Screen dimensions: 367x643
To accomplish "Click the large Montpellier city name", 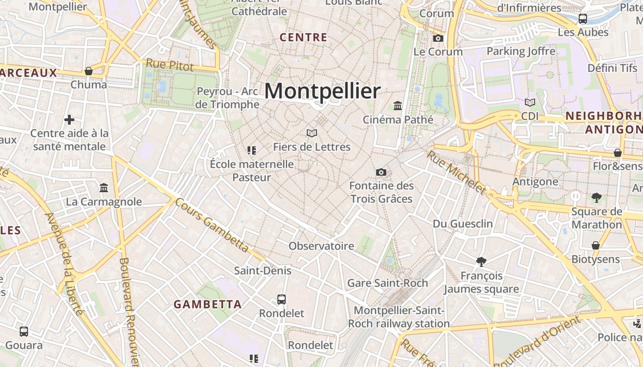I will [x=322, y=91].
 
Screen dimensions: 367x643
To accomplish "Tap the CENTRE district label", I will [x=304, y=38].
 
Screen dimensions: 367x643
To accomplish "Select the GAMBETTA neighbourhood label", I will [x=208, y=304].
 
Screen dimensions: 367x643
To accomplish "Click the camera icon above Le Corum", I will [x=438, y=38].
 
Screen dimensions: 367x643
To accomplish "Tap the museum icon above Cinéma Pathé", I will [x=398, y=106].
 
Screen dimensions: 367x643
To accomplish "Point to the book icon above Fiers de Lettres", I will [x=312, y=133].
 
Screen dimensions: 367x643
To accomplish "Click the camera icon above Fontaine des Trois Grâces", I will [x=381, y=172].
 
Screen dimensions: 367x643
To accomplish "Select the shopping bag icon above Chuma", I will [x=89, y=71].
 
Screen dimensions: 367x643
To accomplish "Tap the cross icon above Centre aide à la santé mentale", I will [x=69, y=120].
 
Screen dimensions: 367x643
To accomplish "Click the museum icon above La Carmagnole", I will [x=104, y=188].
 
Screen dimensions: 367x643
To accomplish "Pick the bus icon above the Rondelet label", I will [x=282, y=300].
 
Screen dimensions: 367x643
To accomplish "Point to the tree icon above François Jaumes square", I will [x=481, y=262].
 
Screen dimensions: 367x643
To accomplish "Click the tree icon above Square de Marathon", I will [x=597, y=198].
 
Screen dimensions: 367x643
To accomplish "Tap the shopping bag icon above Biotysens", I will [x=596, y=245].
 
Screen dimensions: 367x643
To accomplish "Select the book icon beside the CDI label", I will [x=530, y=102].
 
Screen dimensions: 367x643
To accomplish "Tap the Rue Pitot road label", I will [x=170, y=65].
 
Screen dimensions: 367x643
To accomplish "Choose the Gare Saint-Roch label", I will [x=388, y=283].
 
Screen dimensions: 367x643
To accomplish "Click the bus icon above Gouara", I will [x=24, y=331].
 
